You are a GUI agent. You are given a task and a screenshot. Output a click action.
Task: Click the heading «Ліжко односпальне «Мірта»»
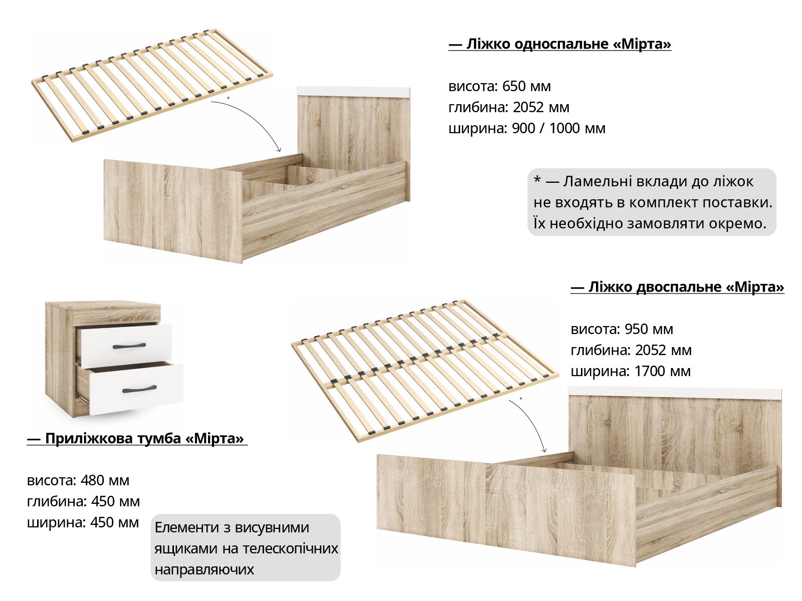tap(560, 44)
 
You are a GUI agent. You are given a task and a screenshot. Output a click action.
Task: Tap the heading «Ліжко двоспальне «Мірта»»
tap(677, 287)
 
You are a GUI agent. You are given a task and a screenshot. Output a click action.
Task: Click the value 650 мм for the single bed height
tap(526, 87)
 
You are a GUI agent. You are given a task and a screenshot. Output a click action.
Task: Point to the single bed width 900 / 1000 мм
tap(559, 128)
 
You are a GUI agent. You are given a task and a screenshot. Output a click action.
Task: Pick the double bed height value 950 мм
tap(649, 329)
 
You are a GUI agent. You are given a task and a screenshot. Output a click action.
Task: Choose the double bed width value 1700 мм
tap(663, 372)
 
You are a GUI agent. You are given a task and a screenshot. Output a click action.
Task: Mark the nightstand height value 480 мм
tap(105, 481)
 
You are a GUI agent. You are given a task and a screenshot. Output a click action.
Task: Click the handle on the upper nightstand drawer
tap(129, 346)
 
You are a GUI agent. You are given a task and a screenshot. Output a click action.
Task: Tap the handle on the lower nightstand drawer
tap(139, 389)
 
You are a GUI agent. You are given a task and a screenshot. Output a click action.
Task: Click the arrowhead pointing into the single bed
tap(279, 149)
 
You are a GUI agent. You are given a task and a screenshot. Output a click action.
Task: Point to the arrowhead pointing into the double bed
tap(544, 450)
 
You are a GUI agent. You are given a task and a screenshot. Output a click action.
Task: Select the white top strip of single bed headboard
tap(353, 92)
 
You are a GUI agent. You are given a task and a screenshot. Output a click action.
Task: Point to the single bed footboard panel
tap(172, 211)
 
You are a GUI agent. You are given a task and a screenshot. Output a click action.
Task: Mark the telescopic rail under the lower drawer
tap(83, 397)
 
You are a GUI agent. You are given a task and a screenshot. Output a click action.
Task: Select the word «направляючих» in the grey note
tap(204, 569)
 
